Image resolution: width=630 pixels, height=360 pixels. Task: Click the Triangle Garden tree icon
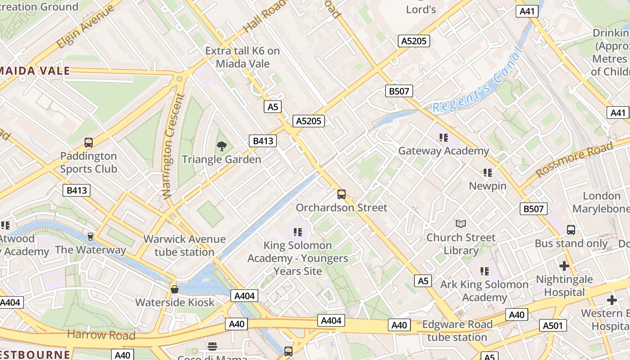click(x=221, y=145)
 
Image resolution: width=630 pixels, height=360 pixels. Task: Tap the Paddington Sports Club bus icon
click(x=89, y=143)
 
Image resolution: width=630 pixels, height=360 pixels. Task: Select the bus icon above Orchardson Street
click(x=342, y=194)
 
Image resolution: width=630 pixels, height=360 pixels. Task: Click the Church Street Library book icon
click(x=461, y=224)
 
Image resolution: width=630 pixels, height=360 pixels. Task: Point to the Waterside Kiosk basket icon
click(x=175, y=289)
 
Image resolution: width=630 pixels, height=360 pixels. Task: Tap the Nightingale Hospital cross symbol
click(x=564, y=265)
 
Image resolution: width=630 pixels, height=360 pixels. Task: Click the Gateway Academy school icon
click(x=444, y=138)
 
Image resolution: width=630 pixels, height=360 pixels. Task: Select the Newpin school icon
click(x=487, y=172)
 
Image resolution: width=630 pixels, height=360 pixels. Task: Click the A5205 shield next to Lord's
click(x=414, y=41)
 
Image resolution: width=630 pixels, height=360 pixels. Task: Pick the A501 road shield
click(x=553, y=325)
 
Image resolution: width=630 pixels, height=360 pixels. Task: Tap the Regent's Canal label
click(x=477, y=81)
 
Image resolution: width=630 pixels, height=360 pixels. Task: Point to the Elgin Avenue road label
click(x=85, y=27)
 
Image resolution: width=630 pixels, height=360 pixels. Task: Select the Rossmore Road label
click(x=575, y=159)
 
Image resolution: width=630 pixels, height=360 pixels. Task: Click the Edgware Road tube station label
click(x=457, y=331)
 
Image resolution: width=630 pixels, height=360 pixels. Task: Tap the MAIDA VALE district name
click(x=38, y=71)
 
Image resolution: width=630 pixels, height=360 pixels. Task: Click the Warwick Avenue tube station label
click(x=184, y=245)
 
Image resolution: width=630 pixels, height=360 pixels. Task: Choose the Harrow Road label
click(x=101, y=335)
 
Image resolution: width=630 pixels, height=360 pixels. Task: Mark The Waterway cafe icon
click(x=90, y=236)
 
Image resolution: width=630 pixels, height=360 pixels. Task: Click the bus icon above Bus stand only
click(x=571, y=229)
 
